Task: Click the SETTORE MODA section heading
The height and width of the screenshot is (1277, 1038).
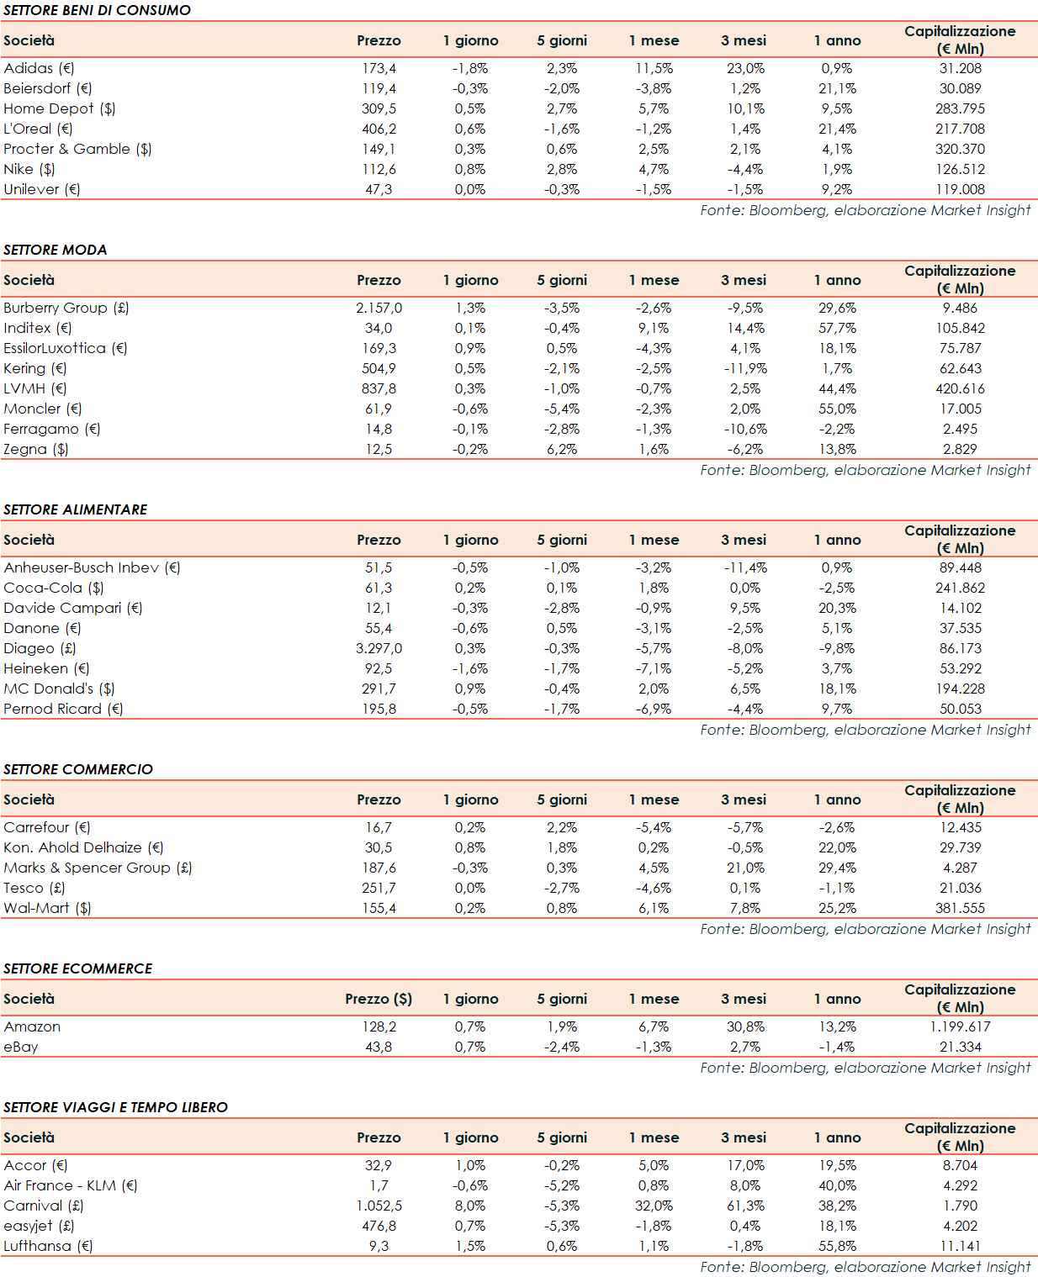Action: [56, 250]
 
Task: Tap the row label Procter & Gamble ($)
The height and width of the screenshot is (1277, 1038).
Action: [77, 149]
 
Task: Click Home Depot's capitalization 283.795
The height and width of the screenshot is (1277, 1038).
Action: [960, 108]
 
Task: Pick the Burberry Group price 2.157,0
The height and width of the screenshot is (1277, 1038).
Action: [379, 308]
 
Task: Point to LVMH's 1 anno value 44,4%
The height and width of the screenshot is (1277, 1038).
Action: [837, 388]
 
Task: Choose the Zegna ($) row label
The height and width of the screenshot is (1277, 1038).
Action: [36, 449]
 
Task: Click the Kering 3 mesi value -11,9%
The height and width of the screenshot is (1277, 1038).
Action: [745, 368]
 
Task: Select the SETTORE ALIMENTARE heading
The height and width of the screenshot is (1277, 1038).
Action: [76, 509]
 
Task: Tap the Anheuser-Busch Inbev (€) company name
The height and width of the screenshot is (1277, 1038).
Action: [92, 567]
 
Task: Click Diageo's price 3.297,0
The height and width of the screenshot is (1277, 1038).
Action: [379, 648]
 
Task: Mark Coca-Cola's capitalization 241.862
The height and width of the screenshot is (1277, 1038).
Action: [960, 588]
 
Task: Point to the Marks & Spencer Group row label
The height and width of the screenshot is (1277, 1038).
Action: [98, 868]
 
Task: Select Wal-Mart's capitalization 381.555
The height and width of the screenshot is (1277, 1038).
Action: [960, 908]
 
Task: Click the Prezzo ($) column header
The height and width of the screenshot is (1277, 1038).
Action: [379, 999]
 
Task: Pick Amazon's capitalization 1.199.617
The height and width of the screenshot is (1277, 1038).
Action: [960, 1026]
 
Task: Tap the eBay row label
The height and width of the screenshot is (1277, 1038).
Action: [21, 1047]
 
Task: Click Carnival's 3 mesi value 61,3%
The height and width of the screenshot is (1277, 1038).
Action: [745, 1206]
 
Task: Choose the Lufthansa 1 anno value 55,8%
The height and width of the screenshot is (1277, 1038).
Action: [837, 1246]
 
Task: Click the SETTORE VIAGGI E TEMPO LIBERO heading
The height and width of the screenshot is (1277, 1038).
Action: [116, 1107]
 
